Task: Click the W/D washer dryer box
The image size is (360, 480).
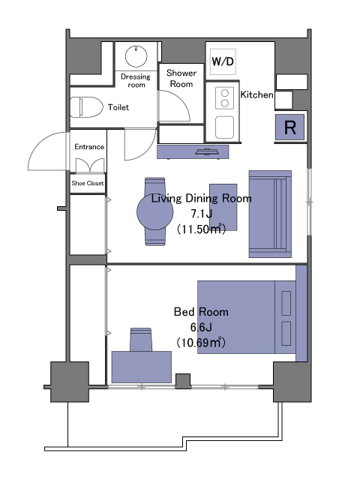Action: (223, 61)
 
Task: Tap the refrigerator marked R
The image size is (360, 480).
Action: (289, 127)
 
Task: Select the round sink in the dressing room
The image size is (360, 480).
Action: (136, 56)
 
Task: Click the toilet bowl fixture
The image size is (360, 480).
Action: (86, 107)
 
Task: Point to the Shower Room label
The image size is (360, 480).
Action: (181, 78)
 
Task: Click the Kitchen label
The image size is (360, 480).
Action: (256, 94)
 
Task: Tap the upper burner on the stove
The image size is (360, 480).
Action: (225, 93)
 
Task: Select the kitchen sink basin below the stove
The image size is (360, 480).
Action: (224, 127)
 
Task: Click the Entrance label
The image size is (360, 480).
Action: (89, 147)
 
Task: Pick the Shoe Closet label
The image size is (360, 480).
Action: (88, 183)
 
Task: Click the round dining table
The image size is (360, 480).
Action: (155, 211)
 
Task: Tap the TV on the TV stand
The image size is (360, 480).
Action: (207, 151)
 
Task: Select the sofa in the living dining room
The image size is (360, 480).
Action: (270, 214)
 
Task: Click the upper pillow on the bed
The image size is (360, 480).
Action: (286, 303)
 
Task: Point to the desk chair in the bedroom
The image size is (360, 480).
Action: (141, 340)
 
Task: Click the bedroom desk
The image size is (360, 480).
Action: (142, 367)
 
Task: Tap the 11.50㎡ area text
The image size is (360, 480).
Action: (201, 229)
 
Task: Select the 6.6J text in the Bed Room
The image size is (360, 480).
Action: (201, 327)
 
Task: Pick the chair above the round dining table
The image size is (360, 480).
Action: (155, 186)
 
